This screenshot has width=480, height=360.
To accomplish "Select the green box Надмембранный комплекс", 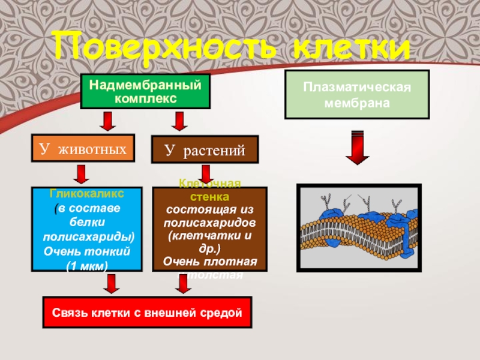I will coord(145,91).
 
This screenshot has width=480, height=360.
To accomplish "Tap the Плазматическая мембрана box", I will coord(357,94).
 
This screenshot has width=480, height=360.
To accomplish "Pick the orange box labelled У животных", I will coord(83,148).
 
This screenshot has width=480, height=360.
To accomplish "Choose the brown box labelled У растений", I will coord(205,150).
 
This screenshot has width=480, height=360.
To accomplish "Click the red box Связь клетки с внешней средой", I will coord(146,313).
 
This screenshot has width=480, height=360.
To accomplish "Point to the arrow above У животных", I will coord(107,122).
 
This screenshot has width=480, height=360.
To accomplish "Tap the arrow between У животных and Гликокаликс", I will coord(82,175).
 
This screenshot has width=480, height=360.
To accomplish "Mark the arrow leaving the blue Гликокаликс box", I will coord(110,282).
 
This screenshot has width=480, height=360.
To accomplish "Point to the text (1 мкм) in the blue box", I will coord(86,265).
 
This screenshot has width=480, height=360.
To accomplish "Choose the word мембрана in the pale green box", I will coord(357,103).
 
